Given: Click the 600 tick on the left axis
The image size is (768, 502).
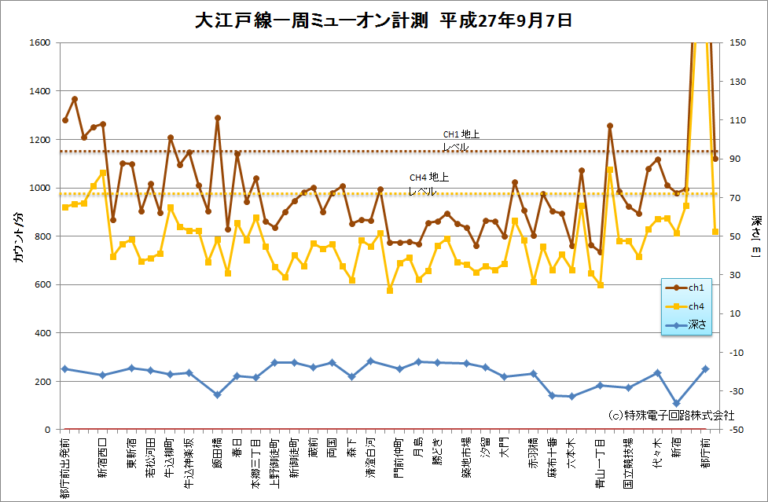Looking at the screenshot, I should tap(41, 285).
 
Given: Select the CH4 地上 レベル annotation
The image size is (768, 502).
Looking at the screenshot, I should tap(428, 184).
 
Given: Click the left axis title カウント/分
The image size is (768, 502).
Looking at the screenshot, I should tap(18, 236).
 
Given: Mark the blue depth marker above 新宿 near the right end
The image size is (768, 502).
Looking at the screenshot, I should tap(676, 403).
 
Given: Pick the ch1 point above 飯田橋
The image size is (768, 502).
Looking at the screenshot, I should tap(218, 118).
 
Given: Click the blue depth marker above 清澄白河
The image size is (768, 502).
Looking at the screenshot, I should tap(370, 361).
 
